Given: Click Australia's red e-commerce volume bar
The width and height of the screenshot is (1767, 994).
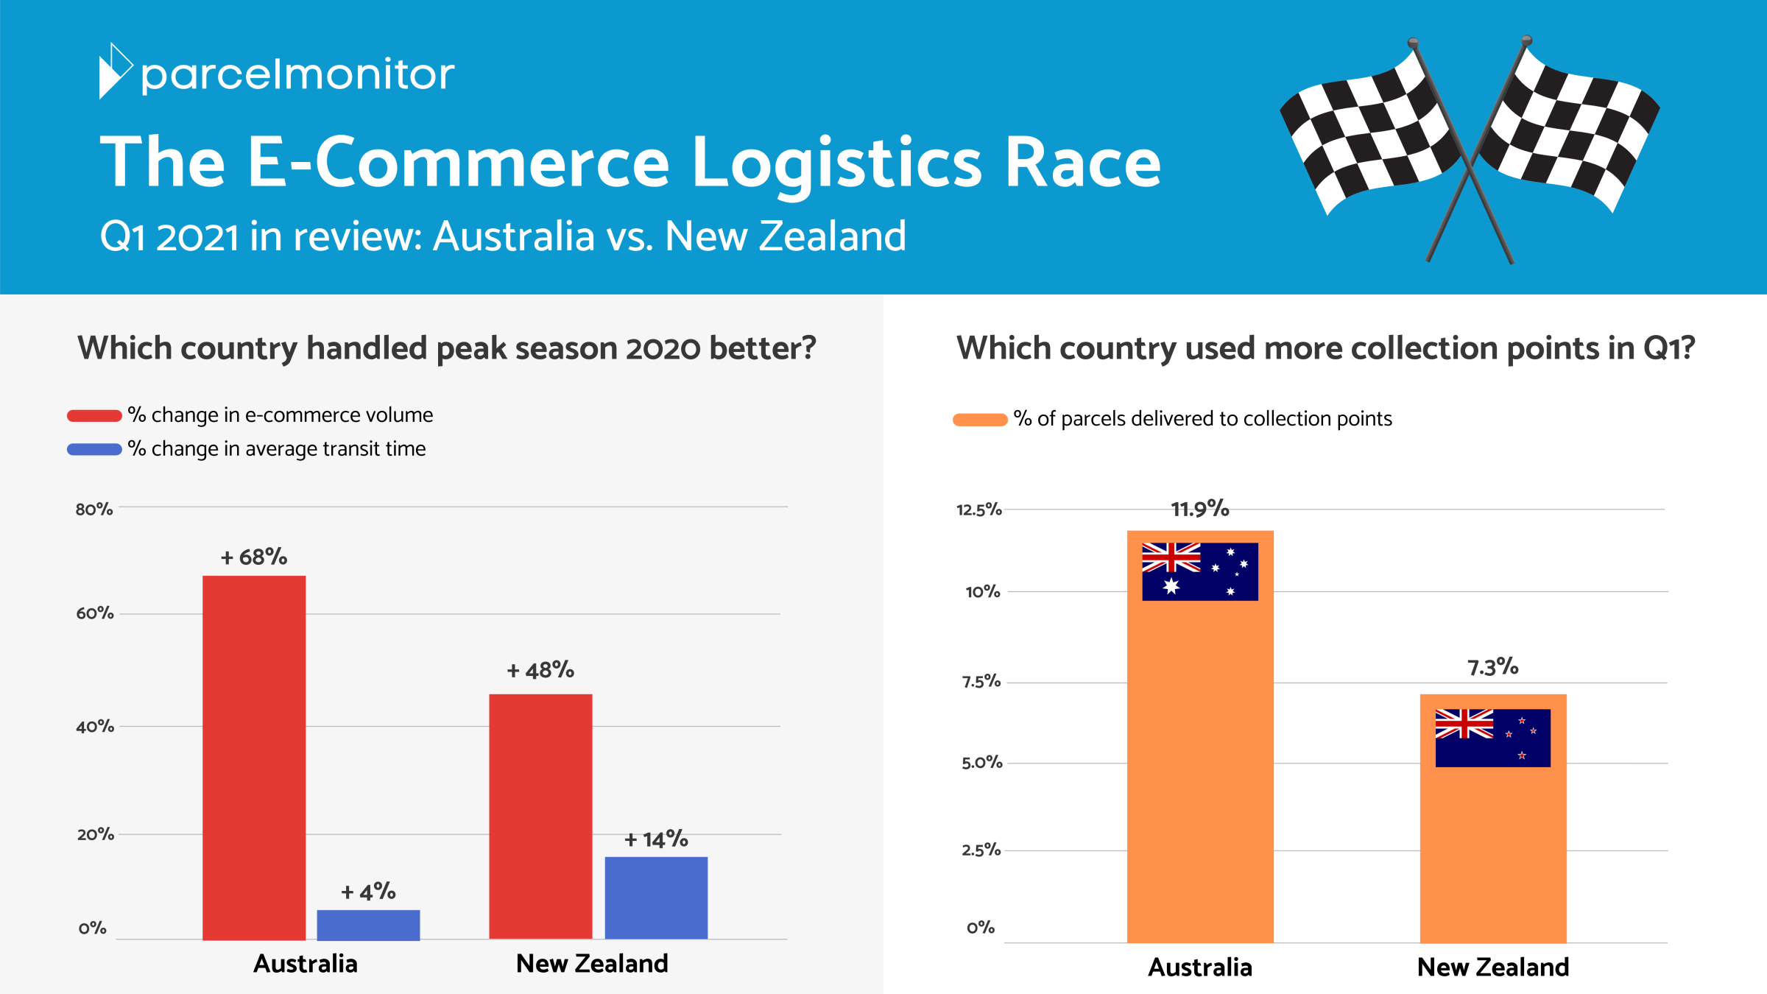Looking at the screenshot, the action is click(254, 758).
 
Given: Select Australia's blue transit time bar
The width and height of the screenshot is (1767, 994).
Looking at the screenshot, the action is click(368, 925).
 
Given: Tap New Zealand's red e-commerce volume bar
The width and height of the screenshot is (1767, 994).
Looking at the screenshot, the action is click(540, 817).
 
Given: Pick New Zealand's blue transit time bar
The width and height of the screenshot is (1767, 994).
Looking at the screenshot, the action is click(656, 898).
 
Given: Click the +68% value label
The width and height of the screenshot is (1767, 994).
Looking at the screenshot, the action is click(254, 557).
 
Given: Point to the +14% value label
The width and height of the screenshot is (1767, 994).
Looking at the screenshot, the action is click(656, 839).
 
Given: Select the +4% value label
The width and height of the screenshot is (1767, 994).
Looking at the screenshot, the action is click(368, 892).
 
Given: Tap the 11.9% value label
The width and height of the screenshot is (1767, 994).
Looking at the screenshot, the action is click(1200, 509).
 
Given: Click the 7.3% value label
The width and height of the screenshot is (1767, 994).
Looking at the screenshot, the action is click(1493, 667).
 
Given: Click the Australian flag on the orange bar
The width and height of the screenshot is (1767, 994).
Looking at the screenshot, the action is click(1200, 572).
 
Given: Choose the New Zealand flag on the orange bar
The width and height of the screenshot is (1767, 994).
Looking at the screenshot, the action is click(1493, 738).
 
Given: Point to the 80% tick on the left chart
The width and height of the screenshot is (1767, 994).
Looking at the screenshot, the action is click(94, 510).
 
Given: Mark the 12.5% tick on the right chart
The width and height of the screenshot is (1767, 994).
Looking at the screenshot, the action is click(979, 510).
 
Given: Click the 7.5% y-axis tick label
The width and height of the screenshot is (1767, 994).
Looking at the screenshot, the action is click(981, 682).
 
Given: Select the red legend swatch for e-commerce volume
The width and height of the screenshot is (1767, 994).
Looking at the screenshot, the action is click(94, 416).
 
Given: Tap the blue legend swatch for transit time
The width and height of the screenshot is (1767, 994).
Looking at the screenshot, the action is click(94, 449).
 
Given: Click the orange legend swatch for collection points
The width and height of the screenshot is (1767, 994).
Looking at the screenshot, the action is click(980, 420).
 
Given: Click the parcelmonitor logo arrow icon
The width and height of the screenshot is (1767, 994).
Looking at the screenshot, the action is click(115, 71).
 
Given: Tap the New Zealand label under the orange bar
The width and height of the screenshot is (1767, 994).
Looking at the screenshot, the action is click(1493, 967).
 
